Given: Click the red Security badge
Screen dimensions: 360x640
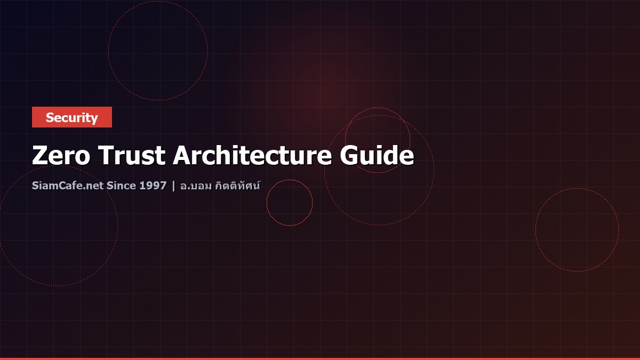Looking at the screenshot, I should click(x=72, y=117).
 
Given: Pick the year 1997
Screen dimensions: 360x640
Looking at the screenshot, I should click(x=153, y=187).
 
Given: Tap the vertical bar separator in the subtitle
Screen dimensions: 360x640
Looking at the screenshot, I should click(x=173, y=187).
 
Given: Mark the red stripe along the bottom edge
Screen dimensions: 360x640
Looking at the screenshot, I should click(x=320, y=358).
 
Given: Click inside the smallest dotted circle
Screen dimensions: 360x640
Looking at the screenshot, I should click(x=290, y=203).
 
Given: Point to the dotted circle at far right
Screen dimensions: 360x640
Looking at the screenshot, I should click(x=577, y=229).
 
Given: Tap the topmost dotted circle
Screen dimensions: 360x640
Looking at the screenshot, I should click(x=158, y=50).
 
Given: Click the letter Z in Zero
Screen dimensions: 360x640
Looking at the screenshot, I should click(x=41, y=156).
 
